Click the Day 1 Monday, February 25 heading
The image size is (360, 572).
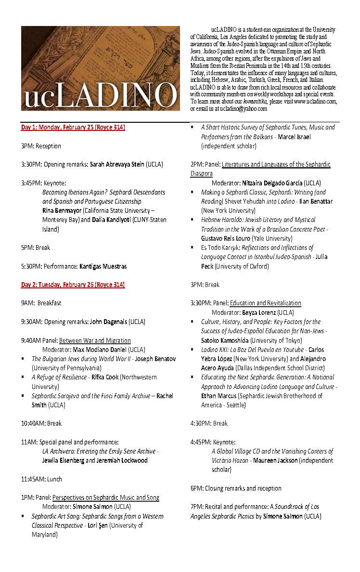point(73,128)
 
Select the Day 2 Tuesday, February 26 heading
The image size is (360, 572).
point(73,285)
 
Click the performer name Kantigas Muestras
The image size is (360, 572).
point(103,266)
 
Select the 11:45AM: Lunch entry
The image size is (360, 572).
point(41,479)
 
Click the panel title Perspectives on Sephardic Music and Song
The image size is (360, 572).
point(106,497)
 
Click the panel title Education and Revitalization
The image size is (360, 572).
point(265,303)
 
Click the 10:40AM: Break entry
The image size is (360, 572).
point(41,424)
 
